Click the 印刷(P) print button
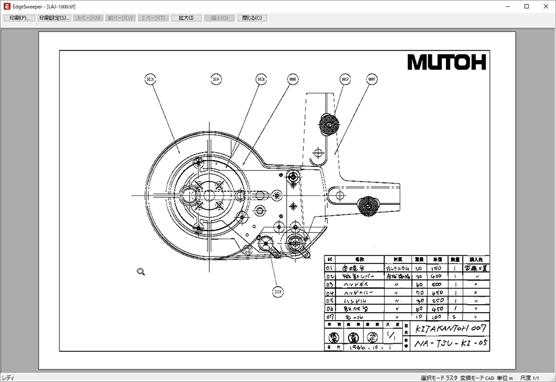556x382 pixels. point(20,18)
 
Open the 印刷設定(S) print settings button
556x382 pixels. point(54,18)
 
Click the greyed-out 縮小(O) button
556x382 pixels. point(219,18)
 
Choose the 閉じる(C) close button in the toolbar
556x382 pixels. point(253,18)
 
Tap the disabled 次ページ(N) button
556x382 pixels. point(88,18)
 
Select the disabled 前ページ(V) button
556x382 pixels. point(120,18)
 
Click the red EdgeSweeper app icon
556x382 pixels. point(6,6)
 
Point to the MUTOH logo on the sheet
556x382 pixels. point(446,62)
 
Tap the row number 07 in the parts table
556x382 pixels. point(330,316)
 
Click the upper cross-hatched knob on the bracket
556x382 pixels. point(327,124)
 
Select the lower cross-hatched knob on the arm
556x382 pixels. point(369,204)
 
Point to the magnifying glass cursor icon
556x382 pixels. point(141,271)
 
